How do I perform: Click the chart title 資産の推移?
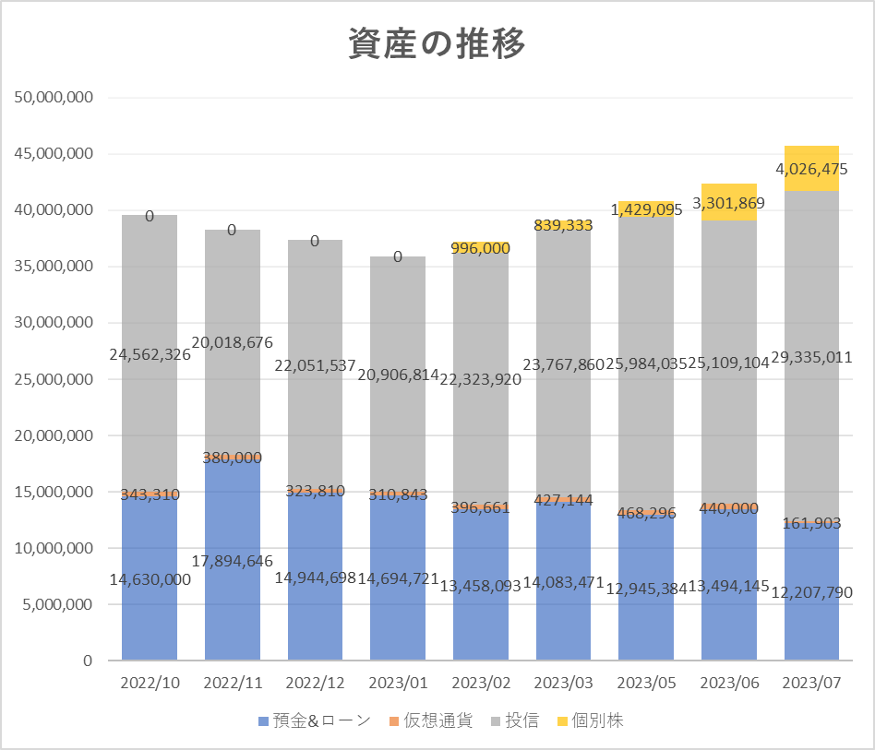coord(437,43)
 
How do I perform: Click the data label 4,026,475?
coord(811,169)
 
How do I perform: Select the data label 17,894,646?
coord(232,560)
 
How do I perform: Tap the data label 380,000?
coord(232,458)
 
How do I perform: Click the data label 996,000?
coord(481,248)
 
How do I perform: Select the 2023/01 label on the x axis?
coord(398,684)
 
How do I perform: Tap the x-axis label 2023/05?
coord(646,684)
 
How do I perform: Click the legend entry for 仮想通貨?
coord(433,720)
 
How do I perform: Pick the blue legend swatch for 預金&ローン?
coord(263,720)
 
